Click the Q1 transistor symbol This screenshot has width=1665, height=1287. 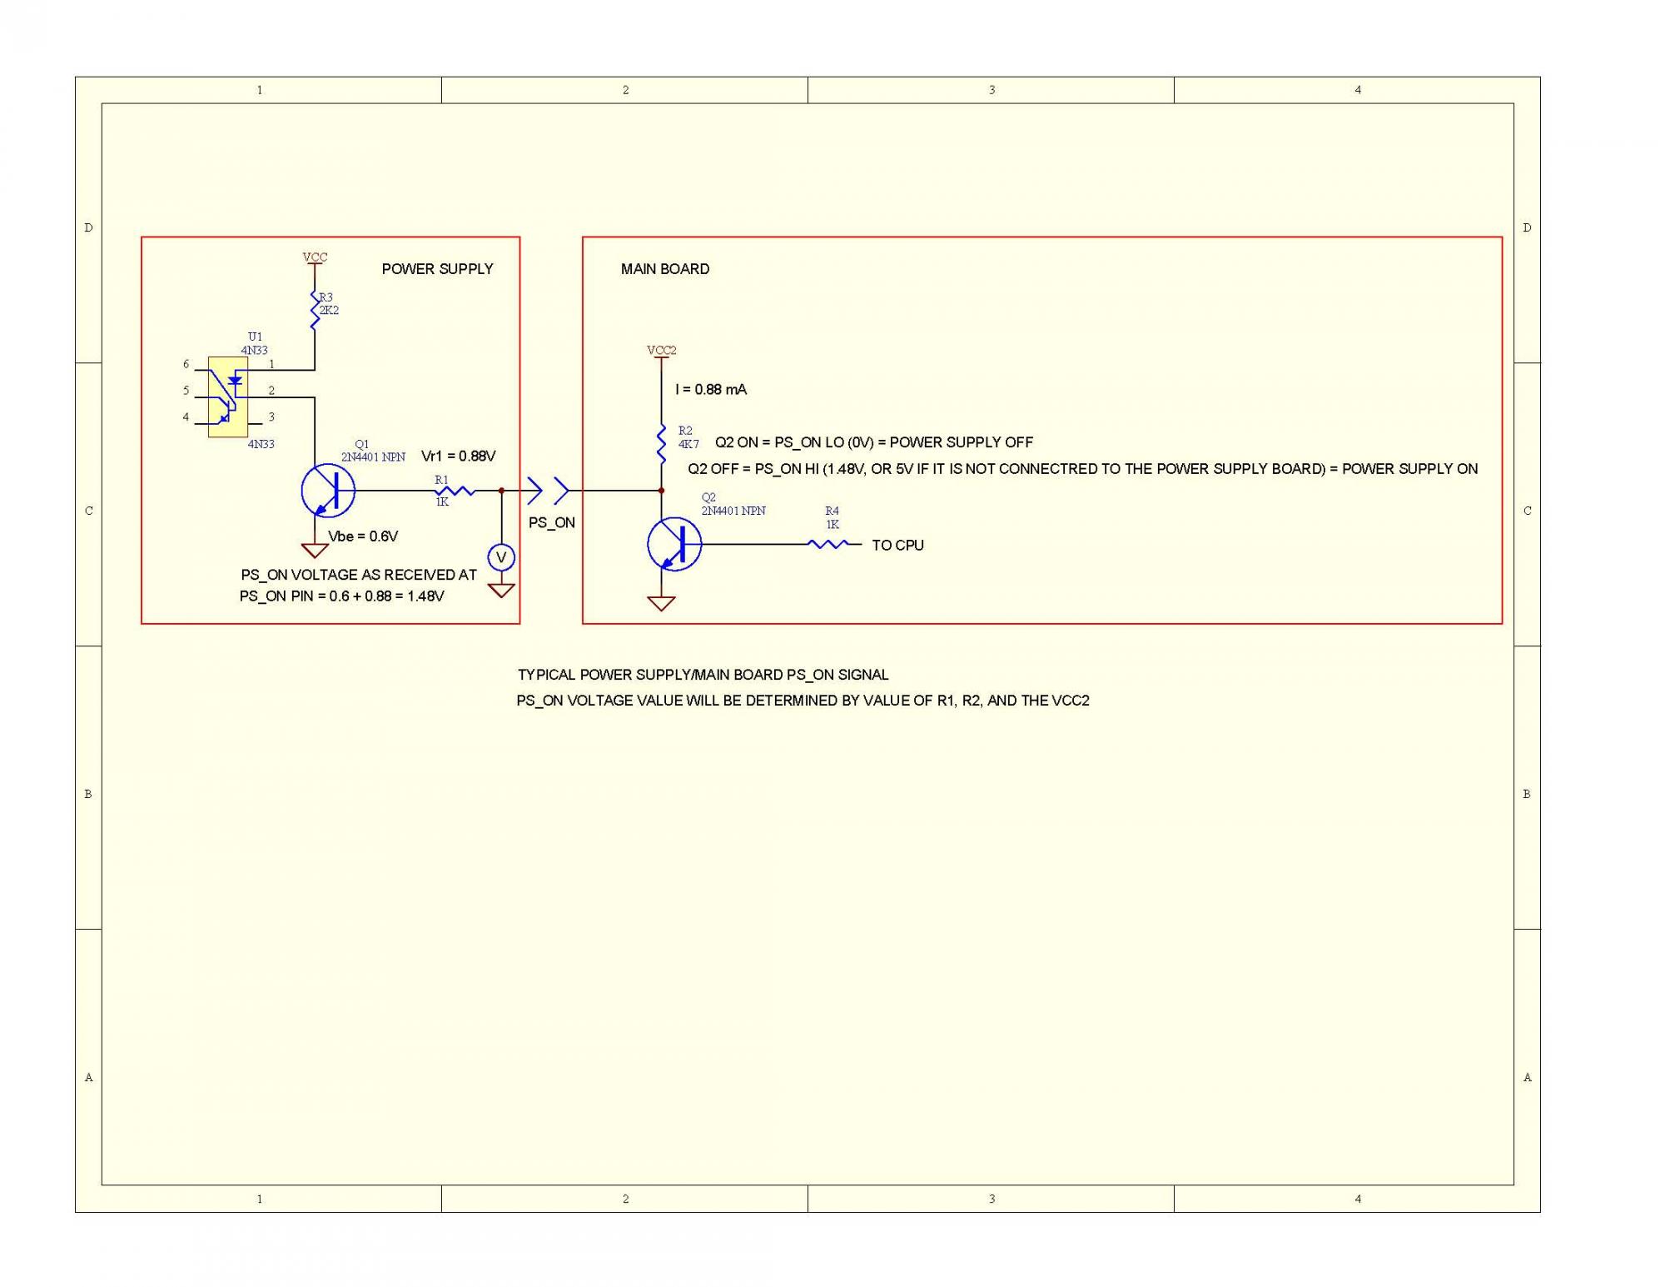328,491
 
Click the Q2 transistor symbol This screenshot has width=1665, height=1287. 674,544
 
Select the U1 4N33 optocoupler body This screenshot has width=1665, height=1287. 227,397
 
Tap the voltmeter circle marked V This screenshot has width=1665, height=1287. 501,557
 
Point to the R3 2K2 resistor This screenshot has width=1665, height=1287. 315,310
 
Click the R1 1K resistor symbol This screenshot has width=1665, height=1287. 455,491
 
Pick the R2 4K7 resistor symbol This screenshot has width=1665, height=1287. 661,442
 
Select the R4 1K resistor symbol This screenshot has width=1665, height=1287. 828,544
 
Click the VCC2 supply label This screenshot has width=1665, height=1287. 661,351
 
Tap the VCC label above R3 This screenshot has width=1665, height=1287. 315,257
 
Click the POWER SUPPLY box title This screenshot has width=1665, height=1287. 437,269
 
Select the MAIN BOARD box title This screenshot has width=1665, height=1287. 665,269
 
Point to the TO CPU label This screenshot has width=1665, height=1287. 897,546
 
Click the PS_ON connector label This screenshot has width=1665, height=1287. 551,523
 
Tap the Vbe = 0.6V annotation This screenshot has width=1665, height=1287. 363,536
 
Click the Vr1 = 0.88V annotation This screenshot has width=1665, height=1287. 458,456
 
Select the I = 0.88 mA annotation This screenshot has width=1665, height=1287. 711,390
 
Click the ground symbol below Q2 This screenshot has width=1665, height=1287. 661,604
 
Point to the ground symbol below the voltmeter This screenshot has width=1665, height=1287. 501,591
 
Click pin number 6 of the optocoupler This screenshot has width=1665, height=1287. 186,364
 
